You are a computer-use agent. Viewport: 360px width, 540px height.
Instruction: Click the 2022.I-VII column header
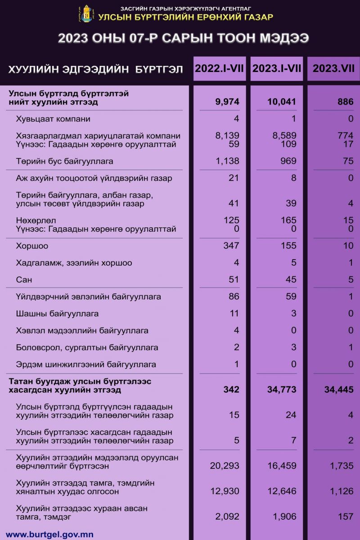220,68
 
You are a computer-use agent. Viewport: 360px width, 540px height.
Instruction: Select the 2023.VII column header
333,68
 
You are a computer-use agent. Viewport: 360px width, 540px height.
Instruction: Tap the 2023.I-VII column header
277,68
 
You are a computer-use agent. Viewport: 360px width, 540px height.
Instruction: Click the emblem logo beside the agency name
86,14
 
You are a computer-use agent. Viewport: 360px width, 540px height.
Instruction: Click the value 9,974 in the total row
227,102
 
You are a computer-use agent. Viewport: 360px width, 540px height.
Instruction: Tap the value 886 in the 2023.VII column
345,102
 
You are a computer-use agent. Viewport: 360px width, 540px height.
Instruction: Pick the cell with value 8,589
284,136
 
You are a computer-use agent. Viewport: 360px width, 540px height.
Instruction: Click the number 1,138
227,161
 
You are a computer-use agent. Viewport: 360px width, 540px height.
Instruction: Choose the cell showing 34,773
279,390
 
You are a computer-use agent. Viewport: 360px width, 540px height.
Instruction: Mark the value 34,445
339,390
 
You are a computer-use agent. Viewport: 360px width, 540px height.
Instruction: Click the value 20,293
225,466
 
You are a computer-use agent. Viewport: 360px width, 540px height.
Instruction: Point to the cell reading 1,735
342,466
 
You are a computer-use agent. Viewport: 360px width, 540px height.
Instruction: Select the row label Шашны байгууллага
57,314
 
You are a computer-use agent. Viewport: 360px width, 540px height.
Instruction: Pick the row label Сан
24,280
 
